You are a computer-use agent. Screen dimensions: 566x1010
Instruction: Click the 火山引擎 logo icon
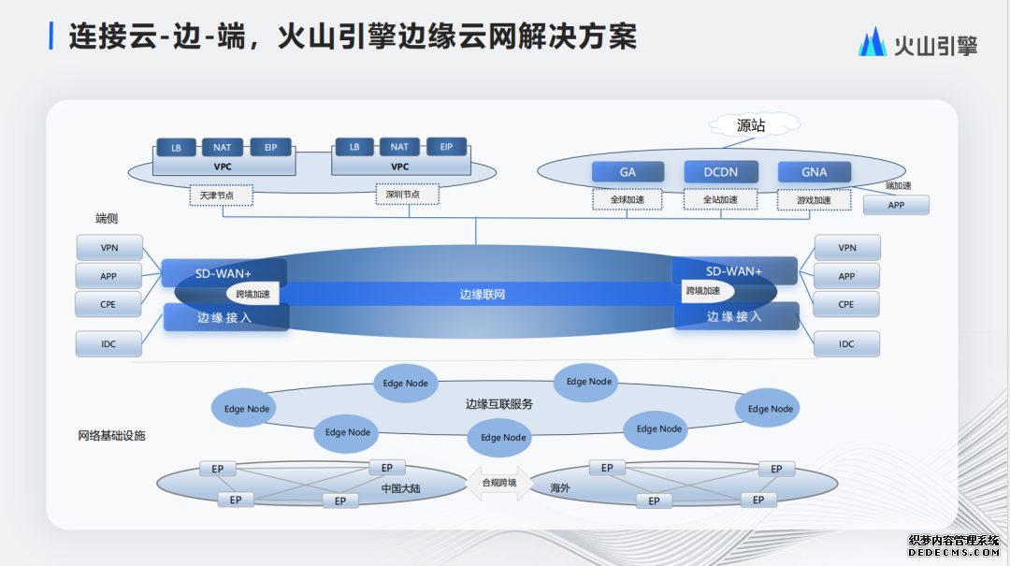[873, 42]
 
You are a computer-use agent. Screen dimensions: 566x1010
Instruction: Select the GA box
[628, 172]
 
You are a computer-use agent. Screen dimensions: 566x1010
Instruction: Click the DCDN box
[720, 172]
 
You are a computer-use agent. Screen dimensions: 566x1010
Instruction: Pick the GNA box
[815, 172]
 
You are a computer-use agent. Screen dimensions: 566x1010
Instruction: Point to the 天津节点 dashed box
[224, 196]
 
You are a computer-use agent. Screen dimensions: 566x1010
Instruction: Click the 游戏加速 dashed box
[814, 200]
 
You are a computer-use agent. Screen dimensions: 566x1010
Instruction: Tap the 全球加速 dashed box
[628, 199]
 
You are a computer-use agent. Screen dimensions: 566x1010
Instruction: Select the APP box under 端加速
[896, 205]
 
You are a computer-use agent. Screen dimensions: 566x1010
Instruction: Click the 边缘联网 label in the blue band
[483, 294]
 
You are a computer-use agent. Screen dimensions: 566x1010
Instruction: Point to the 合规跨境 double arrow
[498, 483]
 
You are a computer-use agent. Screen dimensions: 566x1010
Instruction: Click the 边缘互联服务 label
[498, 404]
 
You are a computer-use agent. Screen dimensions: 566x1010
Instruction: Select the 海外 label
[560, 488]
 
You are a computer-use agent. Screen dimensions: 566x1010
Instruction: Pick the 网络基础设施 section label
[111, 436]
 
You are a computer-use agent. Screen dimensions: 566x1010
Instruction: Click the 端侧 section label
[107, 219]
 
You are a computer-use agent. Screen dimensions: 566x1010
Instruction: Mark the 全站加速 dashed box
[720, 199]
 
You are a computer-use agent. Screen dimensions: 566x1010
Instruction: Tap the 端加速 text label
[898, 185]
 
